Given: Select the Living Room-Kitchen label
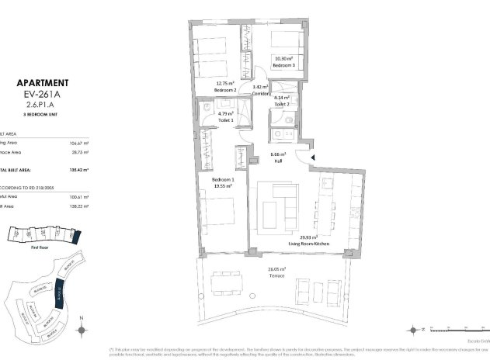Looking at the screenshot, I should pyautogui.click(x=308, y=244).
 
